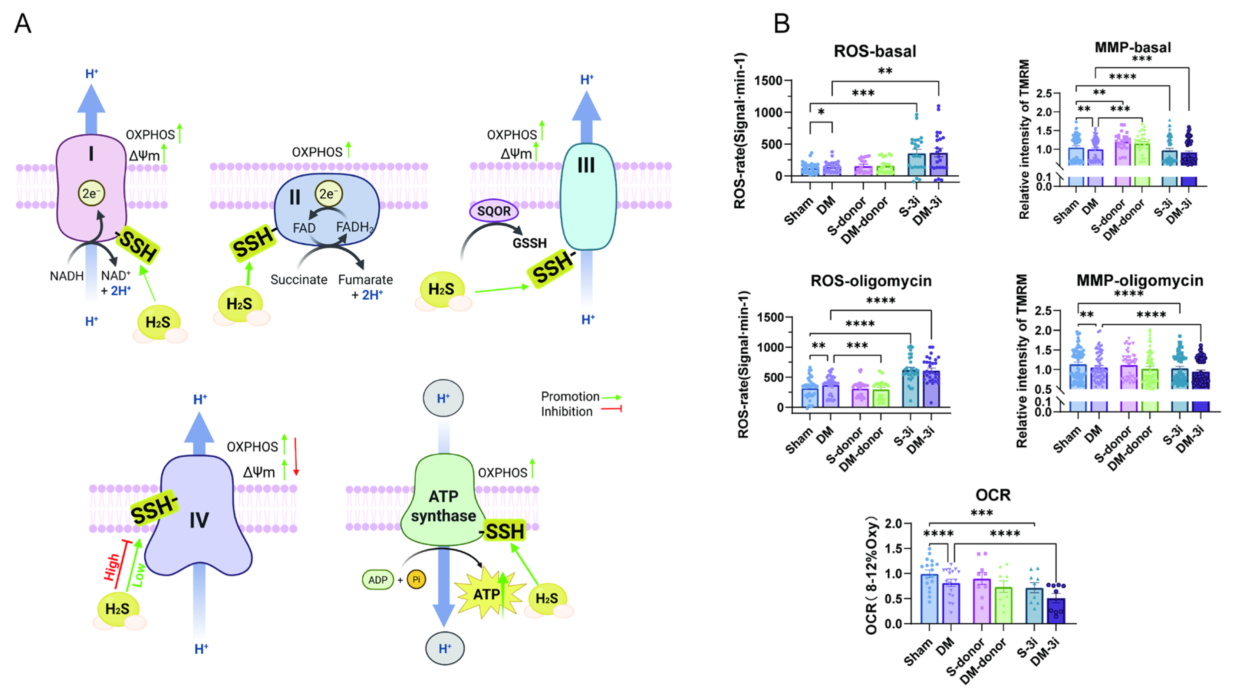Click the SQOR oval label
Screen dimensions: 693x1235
pos(494,211)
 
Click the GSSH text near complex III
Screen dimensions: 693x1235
pos(529,243)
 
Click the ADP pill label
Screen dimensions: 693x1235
pos(378,579)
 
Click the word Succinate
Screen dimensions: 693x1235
pos(299,280)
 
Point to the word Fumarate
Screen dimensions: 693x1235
pos(365,280)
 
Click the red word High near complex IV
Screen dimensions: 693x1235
pos(112,567)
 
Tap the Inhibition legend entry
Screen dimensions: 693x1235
pos(567,411)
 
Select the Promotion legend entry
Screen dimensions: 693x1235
pos(570,397)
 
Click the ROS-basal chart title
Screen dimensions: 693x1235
pos(875,51)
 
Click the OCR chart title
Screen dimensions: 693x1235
pos(992,495)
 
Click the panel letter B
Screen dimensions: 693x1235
pos(782,23)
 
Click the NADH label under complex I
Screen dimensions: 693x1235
pos(67,276)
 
